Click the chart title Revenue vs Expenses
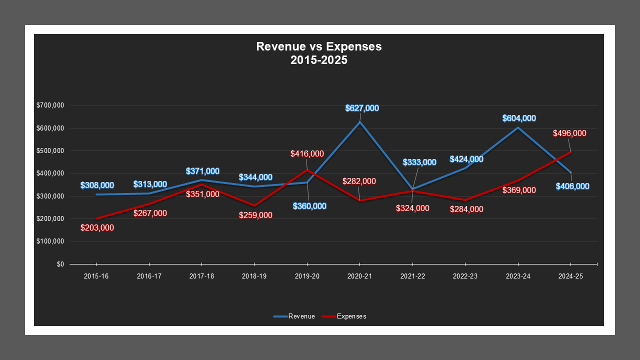point(318,46)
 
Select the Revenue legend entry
point(301,316)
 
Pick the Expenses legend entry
point(351,316)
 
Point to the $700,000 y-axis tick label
point(50,105)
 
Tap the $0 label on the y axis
point(60,264)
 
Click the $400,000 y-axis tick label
point(50,173)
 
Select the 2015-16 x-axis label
point(96,276)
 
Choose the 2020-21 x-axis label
point(359,276)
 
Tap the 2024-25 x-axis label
point(570,276)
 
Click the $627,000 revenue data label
point(362,108)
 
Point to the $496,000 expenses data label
point(569,133)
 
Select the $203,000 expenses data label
point(97,228)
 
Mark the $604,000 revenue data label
point(519,118)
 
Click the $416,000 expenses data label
point(307,154)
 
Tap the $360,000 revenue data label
point(309,206)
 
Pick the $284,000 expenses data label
point(466,209)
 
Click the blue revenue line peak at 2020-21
point(359,122)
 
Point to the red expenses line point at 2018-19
point(254,205)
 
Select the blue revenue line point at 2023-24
point(518,127)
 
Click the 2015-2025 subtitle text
point(318,60)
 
